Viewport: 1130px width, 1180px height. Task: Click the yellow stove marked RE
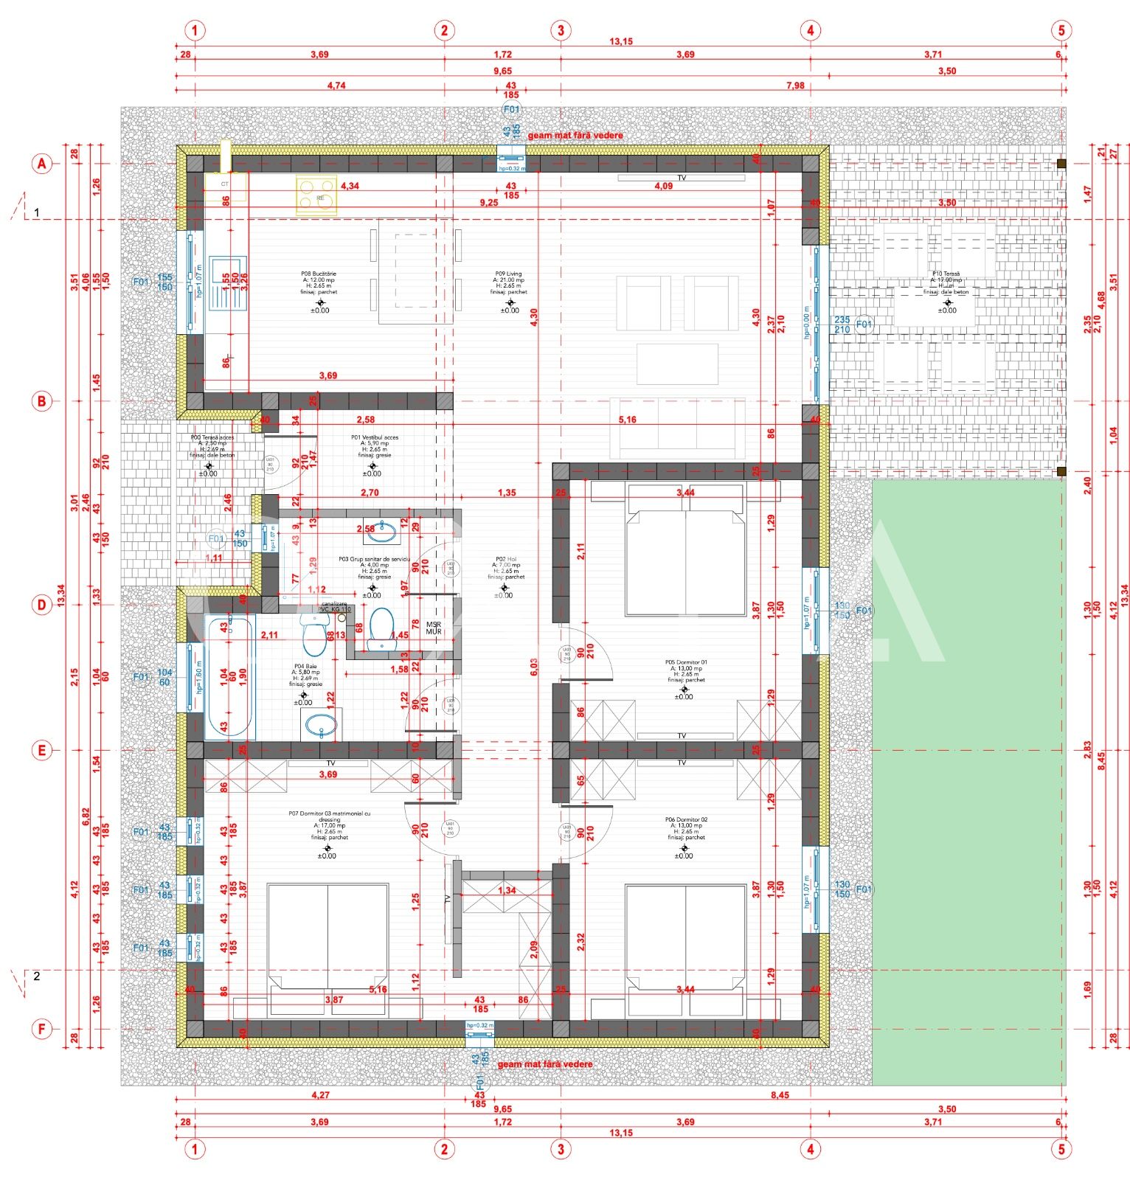(x=316, y=196)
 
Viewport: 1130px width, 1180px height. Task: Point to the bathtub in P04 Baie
(x=229, y=678)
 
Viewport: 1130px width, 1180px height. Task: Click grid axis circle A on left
(x=42, y=164)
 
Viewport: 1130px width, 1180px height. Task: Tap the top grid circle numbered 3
(x=561, y=30)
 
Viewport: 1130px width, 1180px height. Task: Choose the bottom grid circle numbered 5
(x=1061, y=1148)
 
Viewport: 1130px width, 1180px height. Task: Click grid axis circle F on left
(x=42, y=1029)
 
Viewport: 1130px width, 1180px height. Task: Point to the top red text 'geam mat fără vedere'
(x=575, y=136)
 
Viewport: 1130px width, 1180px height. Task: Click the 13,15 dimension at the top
(x=621, y=42)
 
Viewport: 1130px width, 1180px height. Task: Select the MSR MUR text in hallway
(x=434, y=628)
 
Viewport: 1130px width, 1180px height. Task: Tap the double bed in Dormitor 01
(x=685, y=560)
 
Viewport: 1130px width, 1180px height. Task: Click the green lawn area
(x=968, y=782)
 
